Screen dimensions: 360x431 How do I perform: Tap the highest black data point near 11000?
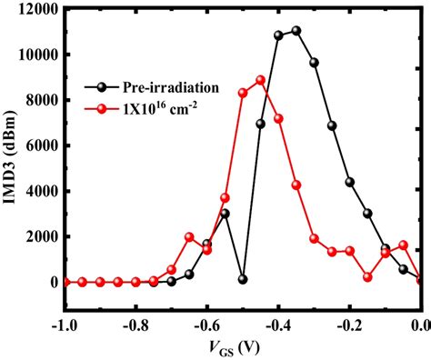click(x=296, y=31)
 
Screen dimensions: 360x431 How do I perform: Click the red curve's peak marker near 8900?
click(x=260, y=80)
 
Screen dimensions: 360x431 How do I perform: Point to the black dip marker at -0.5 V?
click(x=243, y=279)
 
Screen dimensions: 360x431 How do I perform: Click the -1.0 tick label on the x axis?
click(x=63, y=324)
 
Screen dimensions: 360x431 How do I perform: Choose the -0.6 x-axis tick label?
click(x=205, y=324)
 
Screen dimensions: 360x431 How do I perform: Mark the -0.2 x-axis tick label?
click(x=349, y=324)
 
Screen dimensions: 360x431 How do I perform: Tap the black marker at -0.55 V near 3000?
click(x=225, y=214)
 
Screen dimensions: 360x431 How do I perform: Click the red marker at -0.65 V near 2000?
click(x=189, y=237)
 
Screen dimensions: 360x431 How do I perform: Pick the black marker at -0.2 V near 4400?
click(x=350, y=182)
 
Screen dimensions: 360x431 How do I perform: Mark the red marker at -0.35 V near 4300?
click(x=296, y=185)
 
